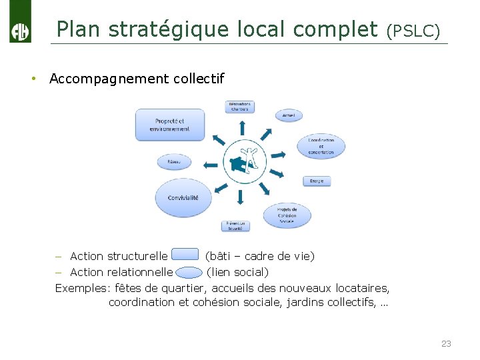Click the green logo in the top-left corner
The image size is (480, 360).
[20, 23]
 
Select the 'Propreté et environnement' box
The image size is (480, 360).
[169, 125]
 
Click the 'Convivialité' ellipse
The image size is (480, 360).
[187, 197]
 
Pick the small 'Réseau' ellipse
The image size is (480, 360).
[174, 161]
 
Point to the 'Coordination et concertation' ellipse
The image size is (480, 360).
[321, 146]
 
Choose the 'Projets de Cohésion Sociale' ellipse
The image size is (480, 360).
[287, 215]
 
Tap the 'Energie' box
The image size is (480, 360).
[317, 181]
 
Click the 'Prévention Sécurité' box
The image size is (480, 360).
[235, 225]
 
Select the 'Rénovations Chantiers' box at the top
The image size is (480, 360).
[239, 106]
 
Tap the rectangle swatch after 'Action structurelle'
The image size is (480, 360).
[185, 255]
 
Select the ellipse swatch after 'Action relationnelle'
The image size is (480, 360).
[189, 271]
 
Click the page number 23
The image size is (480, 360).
[446, 343]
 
